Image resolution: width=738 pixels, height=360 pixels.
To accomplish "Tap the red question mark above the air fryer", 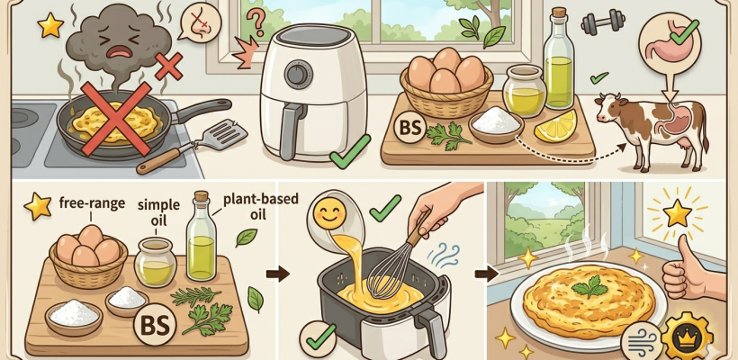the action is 256,22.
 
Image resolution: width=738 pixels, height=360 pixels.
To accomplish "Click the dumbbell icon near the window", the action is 598,22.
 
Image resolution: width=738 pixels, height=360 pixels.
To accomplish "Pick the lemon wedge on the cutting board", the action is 555,126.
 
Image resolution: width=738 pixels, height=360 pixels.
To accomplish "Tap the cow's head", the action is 612,108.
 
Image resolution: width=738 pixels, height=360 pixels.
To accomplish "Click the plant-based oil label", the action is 260,205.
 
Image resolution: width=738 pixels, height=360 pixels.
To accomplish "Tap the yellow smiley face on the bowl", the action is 329,213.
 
